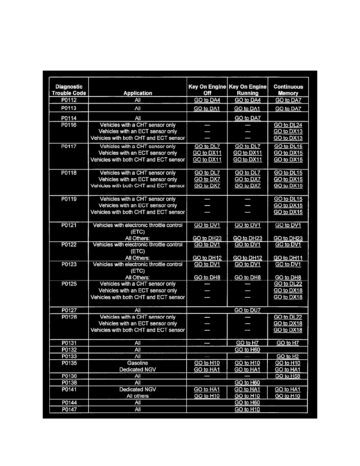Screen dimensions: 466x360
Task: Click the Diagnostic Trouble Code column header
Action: coord(69,90)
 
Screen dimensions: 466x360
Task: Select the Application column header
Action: coord(138,93)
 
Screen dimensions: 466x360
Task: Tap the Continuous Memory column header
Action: coord(288,90)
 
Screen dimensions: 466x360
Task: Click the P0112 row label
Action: coord(69,100)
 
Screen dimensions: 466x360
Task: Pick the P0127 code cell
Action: coord(69,310)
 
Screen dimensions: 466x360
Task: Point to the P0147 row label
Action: coord(69,410)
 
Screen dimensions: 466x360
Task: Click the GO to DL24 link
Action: coord(288,125)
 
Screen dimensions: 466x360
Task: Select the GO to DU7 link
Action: coord(247,310)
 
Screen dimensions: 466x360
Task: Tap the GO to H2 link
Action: coord(288,356)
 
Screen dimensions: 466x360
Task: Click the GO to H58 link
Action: coord(288,376)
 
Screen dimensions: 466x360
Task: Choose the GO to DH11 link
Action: coord(288,258)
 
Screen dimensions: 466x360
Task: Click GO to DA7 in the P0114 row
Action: coord(247,118)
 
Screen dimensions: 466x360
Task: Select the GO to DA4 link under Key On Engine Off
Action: coord(207,100)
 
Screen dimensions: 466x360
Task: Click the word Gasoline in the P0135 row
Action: coord(138,363)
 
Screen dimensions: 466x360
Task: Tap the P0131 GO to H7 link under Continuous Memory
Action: coord(288,343)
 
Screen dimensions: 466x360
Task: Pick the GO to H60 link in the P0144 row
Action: coord(247,403)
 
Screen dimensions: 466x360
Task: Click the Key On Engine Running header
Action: coord(247,90)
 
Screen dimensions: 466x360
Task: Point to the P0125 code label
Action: coord(69,284)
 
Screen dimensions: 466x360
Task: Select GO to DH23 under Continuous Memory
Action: coord(288,238)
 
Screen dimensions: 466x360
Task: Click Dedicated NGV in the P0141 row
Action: coord(138,390)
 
